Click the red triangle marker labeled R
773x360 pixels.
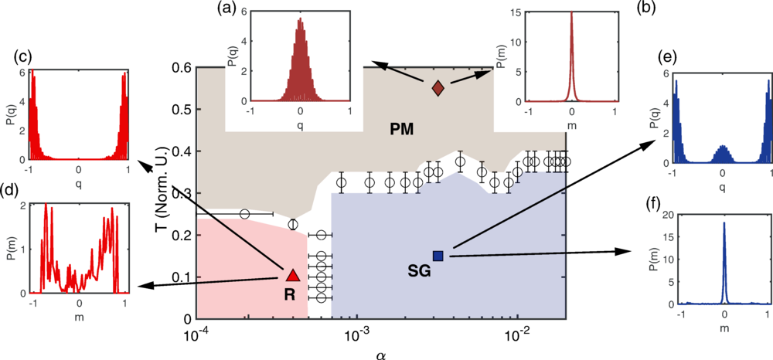(x=292, y=275)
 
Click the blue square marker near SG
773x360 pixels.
(x=438, y=256)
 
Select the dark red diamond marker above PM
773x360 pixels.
(x=438, y=88)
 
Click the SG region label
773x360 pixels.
(x=420, y=270)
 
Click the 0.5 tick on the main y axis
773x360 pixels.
(x=180, y=110)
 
